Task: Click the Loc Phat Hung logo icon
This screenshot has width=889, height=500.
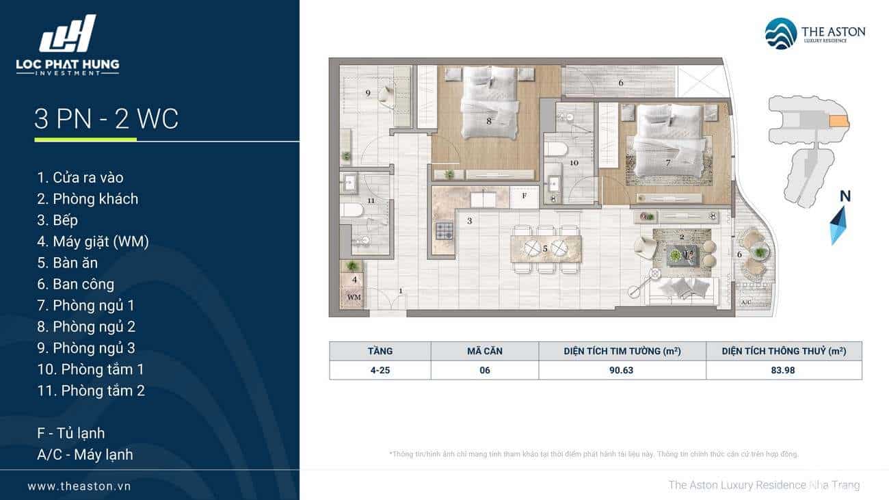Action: pos(68,33)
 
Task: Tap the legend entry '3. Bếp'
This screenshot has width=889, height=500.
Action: pos(57,220)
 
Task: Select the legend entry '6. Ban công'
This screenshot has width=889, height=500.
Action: pos(75,284)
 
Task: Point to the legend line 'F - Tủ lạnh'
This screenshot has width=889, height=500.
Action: pos(70,434)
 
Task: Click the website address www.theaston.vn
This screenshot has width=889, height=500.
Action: pos(79,486)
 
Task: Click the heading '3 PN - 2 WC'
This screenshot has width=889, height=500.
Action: pos(107,118)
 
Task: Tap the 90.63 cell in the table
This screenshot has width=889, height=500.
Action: pos(622,370)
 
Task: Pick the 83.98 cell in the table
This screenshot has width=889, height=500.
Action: pos(783,370)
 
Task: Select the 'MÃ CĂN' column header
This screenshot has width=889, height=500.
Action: pos(485,351)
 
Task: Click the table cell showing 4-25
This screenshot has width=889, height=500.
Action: pos(380,370)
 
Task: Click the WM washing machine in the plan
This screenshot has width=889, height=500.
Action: pos(354,296)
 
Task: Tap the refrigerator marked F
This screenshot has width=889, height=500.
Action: pos(525,196)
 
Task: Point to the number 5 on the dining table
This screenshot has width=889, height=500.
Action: pos(545,249)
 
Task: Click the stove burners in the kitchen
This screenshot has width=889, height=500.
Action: pos(444,231)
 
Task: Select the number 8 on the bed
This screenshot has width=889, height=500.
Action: pos(489,122)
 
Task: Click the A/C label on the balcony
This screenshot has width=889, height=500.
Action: pos(746,302)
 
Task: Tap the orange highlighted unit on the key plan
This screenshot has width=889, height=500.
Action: pos(838,122)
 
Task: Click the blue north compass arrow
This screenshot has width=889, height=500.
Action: pos(838,226)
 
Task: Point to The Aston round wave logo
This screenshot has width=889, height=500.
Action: pos(781,34)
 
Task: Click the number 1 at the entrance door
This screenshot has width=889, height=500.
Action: pos(401,291)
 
